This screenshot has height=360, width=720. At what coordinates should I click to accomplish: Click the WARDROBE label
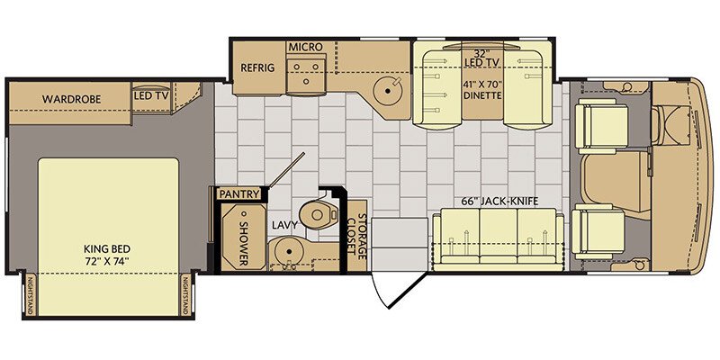72,99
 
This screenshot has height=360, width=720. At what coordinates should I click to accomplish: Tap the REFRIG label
257,68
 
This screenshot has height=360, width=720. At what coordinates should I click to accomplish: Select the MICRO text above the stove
305,47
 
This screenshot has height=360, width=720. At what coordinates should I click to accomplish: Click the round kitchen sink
388,91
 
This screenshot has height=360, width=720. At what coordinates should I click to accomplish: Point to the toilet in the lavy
319,213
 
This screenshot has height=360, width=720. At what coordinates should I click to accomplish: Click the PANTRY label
238,194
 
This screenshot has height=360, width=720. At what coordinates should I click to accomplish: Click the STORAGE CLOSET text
356,234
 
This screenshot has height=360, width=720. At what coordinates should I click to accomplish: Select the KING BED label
107,249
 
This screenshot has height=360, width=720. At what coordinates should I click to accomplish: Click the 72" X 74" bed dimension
107,262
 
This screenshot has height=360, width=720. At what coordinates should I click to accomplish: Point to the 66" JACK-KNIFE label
500,201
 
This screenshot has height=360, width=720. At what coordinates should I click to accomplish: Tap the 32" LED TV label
481,58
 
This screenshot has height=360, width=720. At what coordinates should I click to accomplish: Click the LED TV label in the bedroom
151,96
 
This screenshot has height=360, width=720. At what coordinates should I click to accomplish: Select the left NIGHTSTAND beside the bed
31,296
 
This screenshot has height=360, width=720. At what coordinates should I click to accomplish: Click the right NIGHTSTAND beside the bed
186,296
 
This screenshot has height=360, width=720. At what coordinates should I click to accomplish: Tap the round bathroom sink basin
288,252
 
